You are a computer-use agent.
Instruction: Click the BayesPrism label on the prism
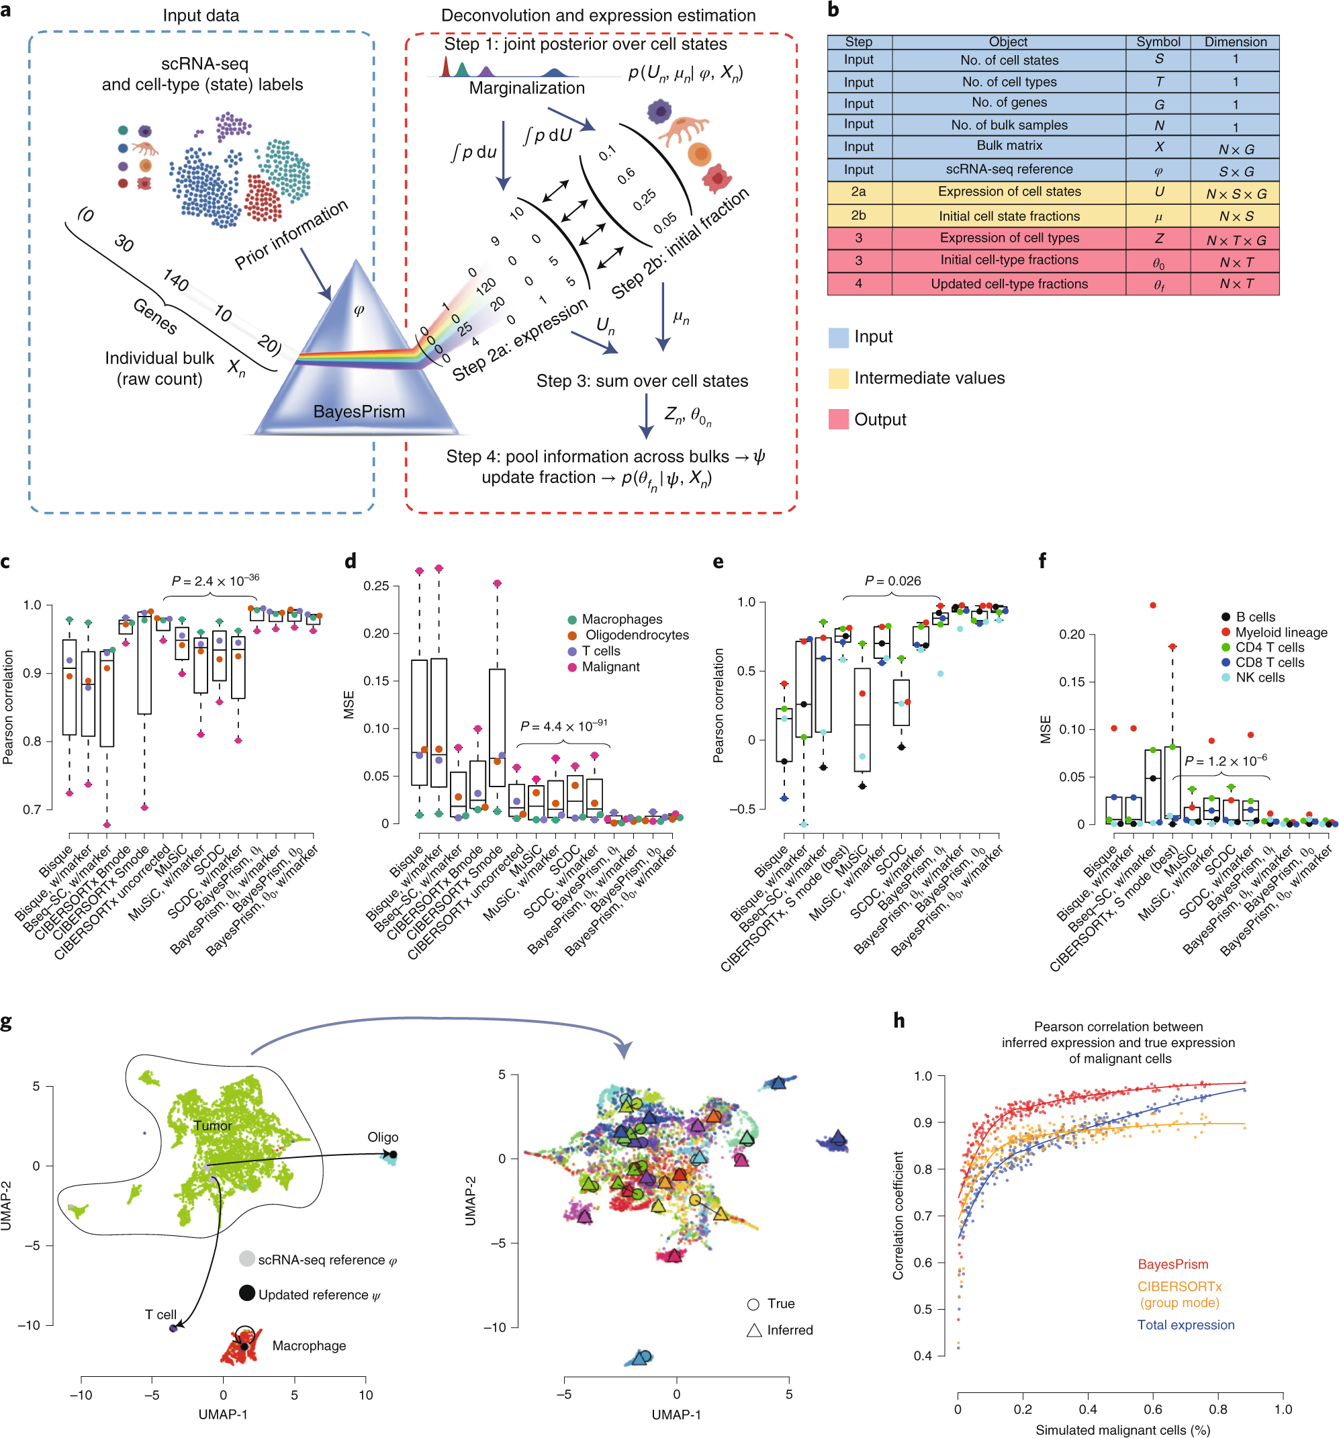point(359,412)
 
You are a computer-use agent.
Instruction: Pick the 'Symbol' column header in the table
point(1158,42)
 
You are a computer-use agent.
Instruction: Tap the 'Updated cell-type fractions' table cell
point(1009,284)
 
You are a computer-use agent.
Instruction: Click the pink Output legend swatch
point(838,420)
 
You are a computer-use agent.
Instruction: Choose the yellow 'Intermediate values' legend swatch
point(838,378)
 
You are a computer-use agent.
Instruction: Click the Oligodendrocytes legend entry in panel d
point(636,635)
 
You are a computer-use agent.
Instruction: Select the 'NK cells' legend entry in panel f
point(1260,678)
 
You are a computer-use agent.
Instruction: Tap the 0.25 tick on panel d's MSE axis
point(376,585)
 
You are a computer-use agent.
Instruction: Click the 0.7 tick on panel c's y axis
point(32,809)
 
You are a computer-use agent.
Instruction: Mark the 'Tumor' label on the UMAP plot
point(213,1126)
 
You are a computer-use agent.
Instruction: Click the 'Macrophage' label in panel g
point(309,1346)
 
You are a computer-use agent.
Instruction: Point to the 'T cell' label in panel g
point(160,1315)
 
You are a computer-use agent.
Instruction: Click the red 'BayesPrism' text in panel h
point(1172,1265)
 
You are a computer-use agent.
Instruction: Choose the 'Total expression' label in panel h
point(1186,1325)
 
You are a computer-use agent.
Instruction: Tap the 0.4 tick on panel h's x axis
point(1087,1409)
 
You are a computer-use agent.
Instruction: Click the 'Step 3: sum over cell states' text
point(642,381)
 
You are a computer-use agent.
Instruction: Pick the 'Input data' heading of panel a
point(201,16)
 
